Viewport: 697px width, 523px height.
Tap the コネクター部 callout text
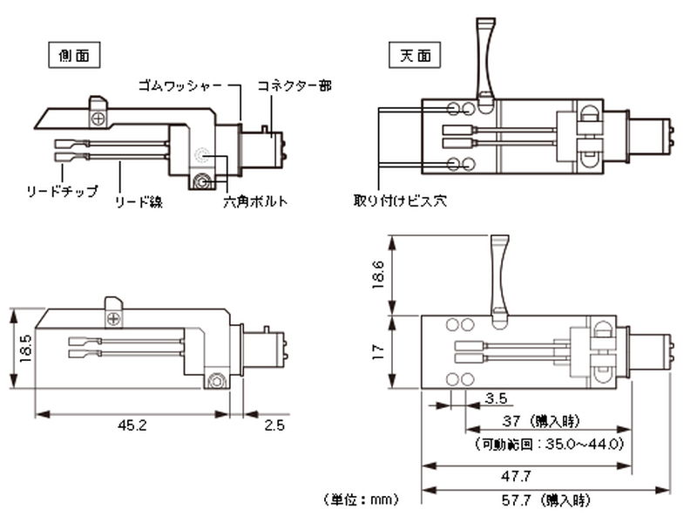point(294,85)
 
